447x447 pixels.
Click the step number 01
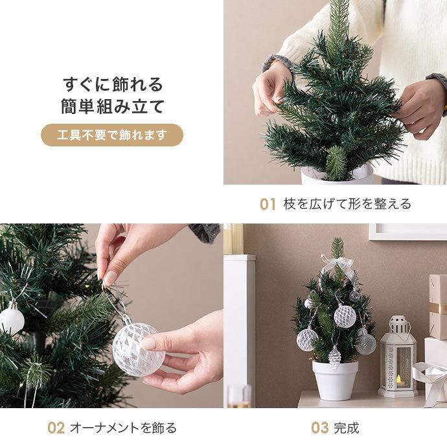pyautogui.click(x=268, y=205)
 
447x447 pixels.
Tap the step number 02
pyautogui.click(x=56, y=428)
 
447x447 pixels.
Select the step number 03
pyautogui.click(x=319, y=428)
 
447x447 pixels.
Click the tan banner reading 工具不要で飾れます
pyautogui.click(x=111, y=135)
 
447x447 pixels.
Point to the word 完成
pyautogui.click(x=347, y=428)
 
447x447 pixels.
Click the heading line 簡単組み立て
pyautogui.click(x=112, y=107)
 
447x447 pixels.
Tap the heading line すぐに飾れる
pyautogui.click(x=112, y=84)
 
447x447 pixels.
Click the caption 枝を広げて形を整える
pyautogui.click(x=347, y=204)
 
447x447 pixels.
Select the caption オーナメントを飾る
pyautogui.click(x=123, y=428)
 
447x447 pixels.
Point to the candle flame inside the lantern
pyautogui.click(x=398, y=379)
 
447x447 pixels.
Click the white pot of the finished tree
pyautogui.click(x=335, y=380)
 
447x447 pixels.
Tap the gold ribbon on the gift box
pyautogui.click(x=438, y=308)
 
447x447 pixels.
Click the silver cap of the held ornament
pyautogui.click(x=124, y=319)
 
